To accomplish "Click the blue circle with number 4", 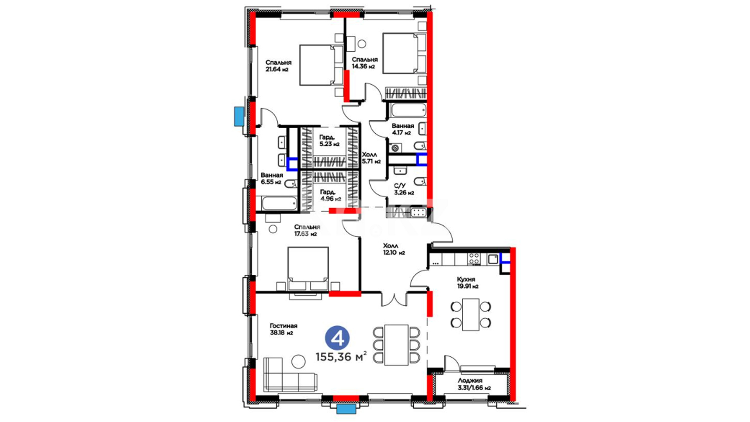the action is tap(337, 338).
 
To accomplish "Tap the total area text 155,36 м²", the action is tap(341, 357).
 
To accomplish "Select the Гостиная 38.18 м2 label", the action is tap(283, 329).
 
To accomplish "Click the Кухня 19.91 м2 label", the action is tap(468, 283).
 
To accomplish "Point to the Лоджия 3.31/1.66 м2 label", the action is tap(474, 384).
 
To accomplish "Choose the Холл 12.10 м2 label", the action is tap(394, 249).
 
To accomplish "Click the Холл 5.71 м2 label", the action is tap(371, 158).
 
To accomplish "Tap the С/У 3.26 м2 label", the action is tap(404, 189).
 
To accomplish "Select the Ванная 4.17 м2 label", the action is tap(403, 129).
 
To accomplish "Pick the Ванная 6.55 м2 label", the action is tap(271, 179).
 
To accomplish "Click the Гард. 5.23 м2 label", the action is tap(329, 140).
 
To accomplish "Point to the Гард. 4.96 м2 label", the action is tap(330, 195).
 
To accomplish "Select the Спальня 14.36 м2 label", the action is tap(364, 63).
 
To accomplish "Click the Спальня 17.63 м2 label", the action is tap(307, 231).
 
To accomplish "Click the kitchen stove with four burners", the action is tap(474, 258).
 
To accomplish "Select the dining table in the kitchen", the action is tap(470, 315).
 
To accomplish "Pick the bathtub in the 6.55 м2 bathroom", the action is tap(279, 204).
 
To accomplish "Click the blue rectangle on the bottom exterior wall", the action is tap(346, 409).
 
